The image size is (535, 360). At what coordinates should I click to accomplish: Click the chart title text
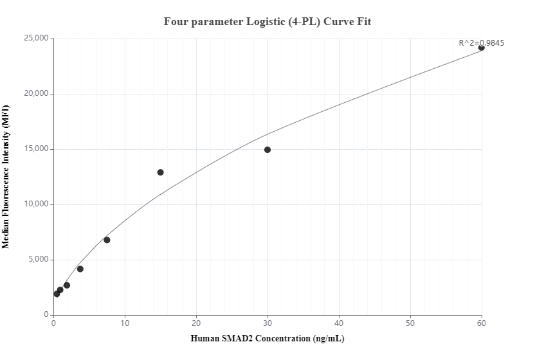point(267,21)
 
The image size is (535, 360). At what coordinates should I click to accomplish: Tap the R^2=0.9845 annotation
point(481,43)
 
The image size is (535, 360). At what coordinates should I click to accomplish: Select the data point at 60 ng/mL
point(482,48)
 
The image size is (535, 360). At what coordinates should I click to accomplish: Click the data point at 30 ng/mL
point(267,150)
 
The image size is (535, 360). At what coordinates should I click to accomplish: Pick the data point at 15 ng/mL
point(160,172)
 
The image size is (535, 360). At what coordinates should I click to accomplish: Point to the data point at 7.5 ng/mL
point(107,240)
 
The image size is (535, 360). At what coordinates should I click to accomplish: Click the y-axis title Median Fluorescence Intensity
point(6,177)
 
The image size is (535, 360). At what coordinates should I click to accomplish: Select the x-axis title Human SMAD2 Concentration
point(267,338)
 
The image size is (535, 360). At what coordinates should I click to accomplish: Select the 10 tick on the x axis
point(125,323)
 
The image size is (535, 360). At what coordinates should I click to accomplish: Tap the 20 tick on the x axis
point(196,323)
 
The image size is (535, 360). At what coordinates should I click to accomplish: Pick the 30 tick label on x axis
point(267,323)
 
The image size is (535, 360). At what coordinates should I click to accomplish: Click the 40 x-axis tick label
point(339,323)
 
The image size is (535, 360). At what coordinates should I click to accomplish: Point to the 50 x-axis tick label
point(410,323)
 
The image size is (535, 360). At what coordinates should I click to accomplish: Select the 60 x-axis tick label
point(482,323)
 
